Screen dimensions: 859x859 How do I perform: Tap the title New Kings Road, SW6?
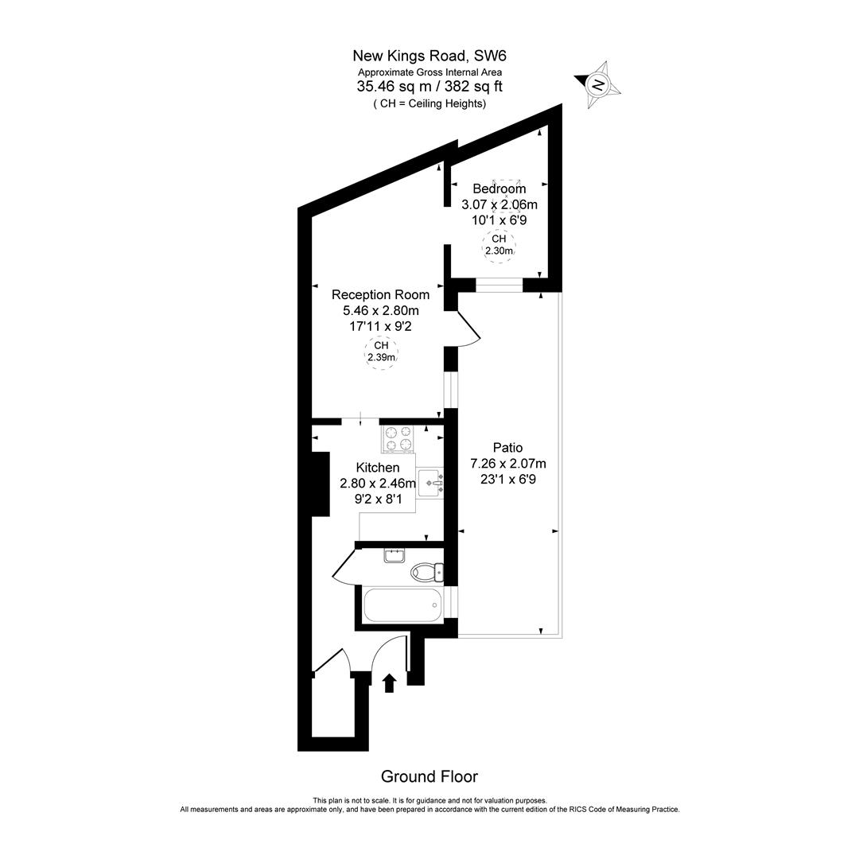pyautogui.click(x=429, y=56)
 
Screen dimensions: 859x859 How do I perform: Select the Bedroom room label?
pyautogui.click(x=499, y=189)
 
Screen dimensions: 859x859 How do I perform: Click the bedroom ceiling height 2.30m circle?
pyautogui.click(x=499, y=244)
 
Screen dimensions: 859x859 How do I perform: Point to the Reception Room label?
pyautogui.click(x=380, y=294)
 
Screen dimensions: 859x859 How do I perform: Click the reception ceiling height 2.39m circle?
pyautogui.click(x=381, y=352)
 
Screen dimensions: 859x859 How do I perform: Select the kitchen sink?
pyautogui.click(x=430, y=482)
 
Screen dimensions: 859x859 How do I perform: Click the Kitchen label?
pyautogui.click(x=378, y=468)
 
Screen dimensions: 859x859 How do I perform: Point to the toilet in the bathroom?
pyautogui.click(x=426, y=572)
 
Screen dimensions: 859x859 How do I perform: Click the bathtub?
pyautogui.click(x=402, y=606)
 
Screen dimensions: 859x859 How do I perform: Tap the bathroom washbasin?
pyautogui.click(x=395, y=555)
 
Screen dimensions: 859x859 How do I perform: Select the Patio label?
pyautogui.click(x=507, y=448)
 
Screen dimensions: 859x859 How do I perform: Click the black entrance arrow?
pyautogui.click(x=390, y=682)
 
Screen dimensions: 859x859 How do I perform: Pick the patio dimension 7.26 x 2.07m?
pyautogui.click(x=508, y=464)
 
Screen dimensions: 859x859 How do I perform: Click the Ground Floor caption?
pyautogui.click(x=429, y=776)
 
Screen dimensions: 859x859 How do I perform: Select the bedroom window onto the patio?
pyautogui.click(x=499, y=285)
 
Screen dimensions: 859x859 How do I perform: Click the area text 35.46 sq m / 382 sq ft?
pyautogui.click(x=429, y=87)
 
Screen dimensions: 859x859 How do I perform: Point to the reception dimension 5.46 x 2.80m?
pyautogui.click(x=380, y=310)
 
